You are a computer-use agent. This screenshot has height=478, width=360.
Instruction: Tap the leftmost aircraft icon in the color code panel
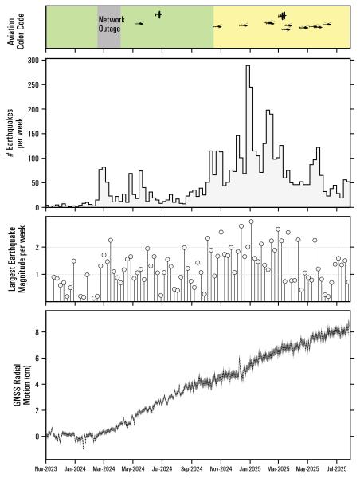(140, 24)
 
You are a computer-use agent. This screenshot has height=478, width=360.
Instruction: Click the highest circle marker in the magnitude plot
(252, 221)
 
